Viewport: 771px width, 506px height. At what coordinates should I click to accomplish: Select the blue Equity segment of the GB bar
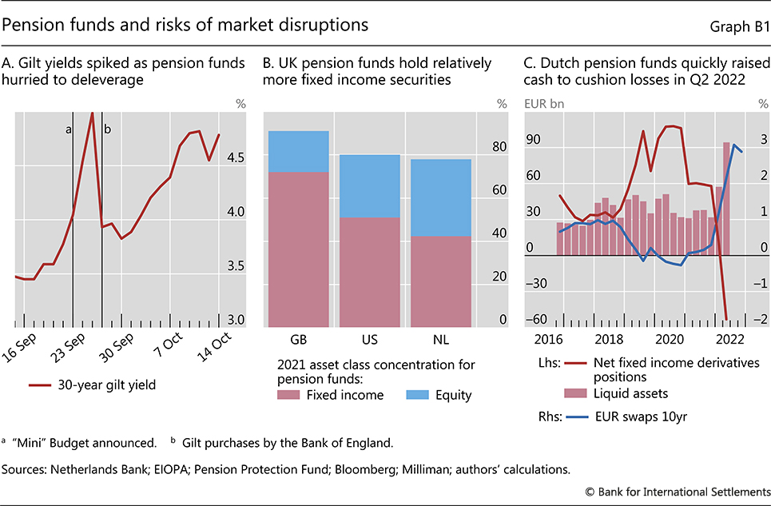(x=299, y=151)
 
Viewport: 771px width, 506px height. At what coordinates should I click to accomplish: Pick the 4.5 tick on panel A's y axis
(x=236, y=158)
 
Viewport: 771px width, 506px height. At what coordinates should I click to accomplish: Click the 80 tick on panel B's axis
(x=499, y=147)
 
